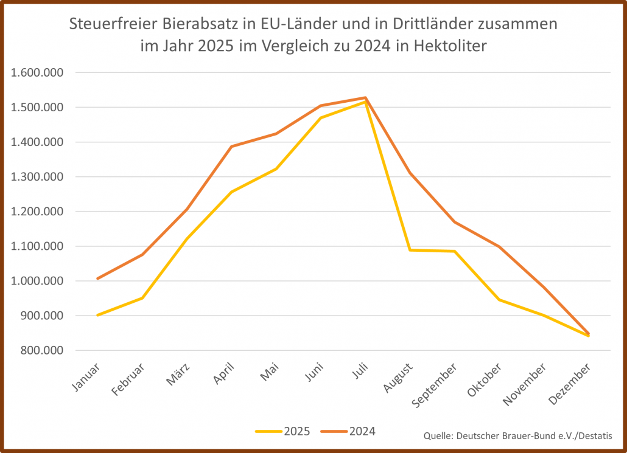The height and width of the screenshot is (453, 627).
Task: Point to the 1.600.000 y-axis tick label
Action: tap(38, 73)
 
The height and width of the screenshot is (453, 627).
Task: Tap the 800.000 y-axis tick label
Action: tap(42, 351)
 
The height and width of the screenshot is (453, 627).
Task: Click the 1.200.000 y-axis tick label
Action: tap(38, 212)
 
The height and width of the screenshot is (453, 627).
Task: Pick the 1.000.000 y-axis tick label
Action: tap(38, 282)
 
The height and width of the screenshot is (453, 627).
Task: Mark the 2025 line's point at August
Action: tap(410, 250)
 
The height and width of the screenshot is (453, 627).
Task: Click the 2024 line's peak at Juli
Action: tap(365, 97)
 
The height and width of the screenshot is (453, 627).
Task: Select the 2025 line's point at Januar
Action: tap(97, 315)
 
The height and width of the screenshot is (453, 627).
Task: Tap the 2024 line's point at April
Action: tap(231, 147)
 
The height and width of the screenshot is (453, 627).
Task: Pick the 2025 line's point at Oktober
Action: tap(499, 300)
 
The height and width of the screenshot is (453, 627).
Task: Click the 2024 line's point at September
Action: tap(454, 222)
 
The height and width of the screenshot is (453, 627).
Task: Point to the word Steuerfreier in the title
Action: tap(113, 25)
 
